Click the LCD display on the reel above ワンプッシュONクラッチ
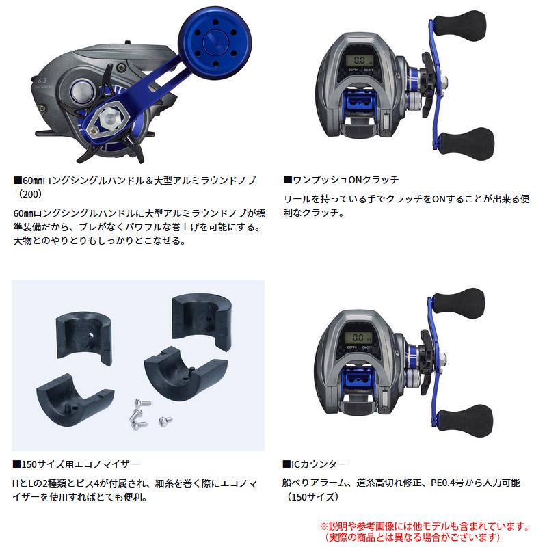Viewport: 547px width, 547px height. tap(359, 61)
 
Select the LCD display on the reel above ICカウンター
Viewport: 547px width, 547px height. tap(359, 338)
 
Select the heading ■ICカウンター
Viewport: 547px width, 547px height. tap(314, 464)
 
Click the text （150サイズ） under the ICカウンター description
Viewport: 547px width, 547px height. tap(312, 498)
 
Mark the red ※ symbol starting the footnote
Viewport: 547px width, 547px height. tap(324, 527)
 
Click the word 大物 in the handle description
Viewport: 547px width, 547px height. tap(23, 241)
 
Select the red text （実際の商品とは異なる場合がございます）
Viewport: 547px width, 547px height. tap(425, 538)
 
